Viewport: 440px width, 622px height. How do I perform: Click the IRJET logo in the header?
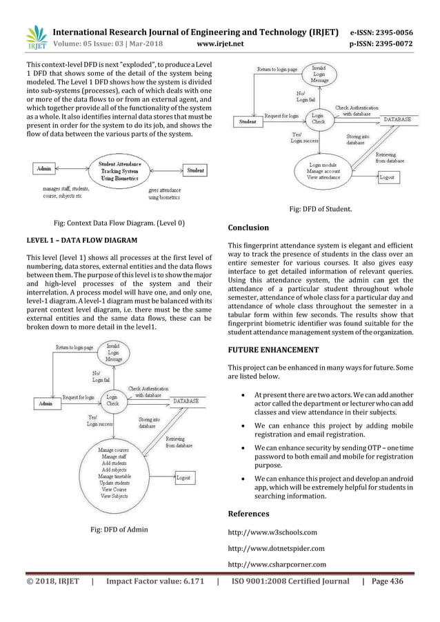coord(35,39)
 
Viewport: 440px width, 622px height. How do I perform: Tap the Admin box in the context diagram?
coord(43,169)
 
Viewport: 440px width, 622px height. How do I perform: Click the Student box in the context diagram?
coord(195,170)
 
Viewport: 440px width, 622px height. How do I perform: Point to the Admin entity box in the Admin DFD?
coord(45,403)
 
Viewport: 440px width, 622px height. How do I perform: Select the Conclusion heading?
coord(248,227)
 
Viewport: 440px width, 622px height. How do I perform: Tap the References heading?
coord(249,514)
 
